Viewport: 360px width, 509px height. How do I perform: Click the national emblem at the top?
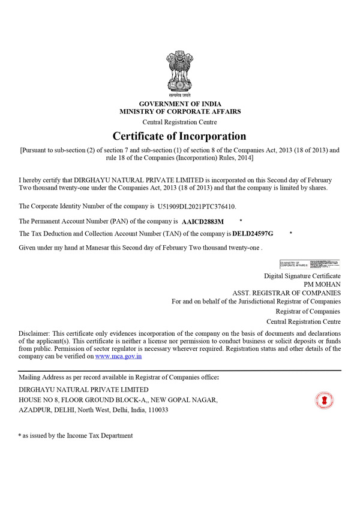click(x=180, y=76)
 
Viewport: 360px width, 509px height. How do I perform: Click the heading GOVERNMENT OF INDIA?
click(x=180, y=104)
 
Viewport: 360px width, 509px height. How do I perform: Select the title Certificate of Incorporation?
click(x=179, y=136)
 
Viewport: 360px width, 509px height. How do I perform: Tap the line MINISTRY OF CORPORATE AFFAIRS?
click(x=180, y=112)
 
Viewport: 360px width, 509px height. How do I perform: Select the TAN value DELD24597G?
click(x=253, y=233)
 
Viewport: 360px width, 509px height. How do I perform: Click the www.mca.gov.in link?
click(x=118, y=356)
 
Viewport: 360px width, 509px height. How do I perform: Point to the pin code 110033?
click(x=157, y=410)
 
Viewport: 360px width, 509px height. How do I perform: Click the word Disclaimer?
click(x=34, y=333)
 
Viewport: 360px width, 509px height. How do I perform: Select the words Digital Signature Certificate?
click(x=302, y=276)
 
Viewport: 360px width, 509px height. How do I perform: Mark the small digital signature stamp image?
click(x=310, y=263)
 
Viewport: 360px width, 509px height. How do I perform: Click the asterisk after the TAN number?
click(x=290, y=233)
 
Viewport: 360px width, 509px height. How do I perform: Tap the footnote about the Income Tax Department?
click(x=76, y=436)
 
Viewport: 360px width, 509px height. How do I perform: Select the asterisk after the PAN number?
click(x=241, y=221)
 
